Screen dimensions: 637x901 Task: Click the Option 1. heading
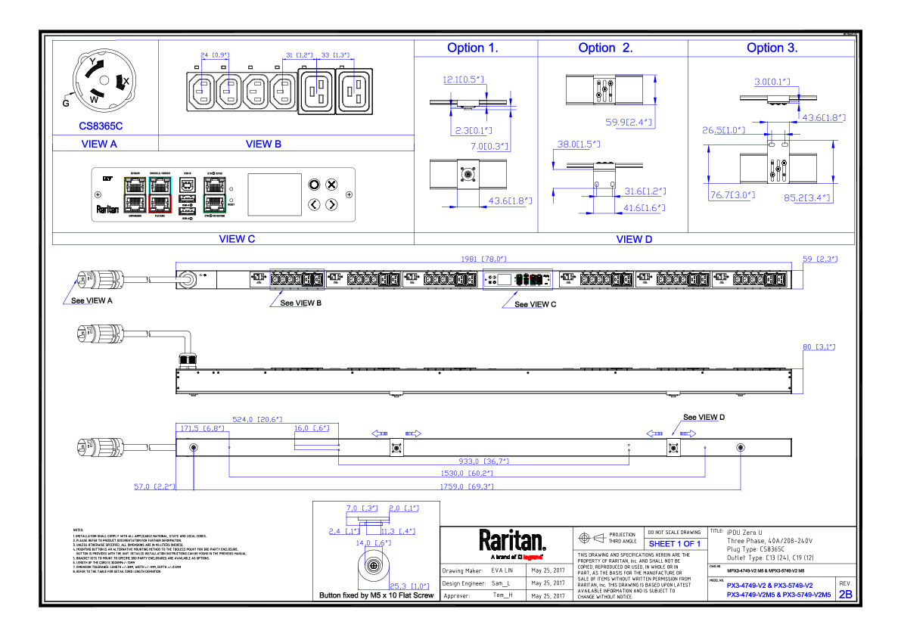[472, 48]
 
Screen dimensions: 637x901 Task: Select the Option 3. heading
[772, 48]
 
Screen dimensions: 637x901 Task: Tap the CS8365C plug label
[101, 126]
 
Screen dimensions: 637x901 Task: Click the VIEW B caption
[263, 144]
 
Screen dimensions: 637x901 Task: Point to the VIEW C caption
[237, 238]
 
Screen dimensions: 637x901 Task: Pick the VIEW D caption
[634, 239]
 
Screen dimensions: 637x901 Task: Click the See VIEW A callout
[91, 300]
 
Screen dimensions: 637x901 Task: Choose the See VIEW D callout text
[704, 418]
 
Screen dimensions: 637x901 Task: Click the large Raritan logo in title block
[512, 540]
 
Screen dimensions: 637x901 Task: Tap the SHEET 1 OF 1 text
[674, 544]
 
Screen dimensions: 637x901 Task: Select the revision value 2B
[845, 595]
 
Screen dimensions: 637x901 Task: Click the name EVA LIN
[502, 570]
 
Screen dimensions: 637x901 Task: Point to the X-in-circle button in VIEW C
[331, 185]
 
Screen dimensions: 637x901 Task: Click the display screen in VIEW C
[274, 196]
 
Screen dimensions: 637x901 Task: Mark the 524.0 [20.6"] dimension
[257, 419]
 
